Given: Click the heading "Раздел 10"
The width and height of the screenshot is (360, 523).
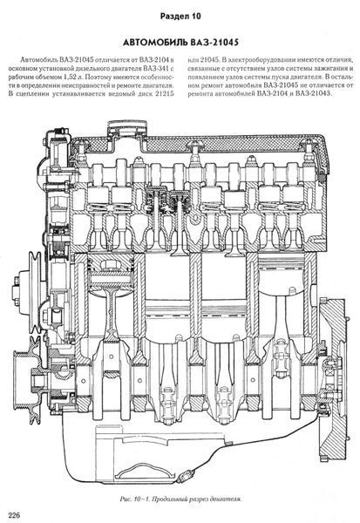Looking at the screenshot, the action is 180,16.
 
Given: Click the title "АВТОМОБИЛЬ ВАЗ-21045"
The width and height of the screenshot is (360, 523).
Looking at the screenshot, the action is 180,43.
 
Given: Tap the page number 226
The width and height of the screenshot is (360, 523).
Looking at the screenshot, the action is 14,514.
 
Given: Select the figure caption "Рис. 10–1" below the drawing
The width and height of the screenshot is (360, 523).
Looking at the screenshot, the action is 134,499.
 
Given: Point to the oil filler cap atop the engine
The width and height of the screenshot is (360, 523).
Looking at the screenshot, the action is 126,128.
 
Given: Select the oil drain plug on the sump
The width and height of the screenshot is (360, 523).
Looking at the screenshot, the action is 186,477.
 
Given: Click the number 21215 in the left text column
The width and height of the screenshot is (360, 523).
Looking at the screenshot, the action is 164,94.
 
